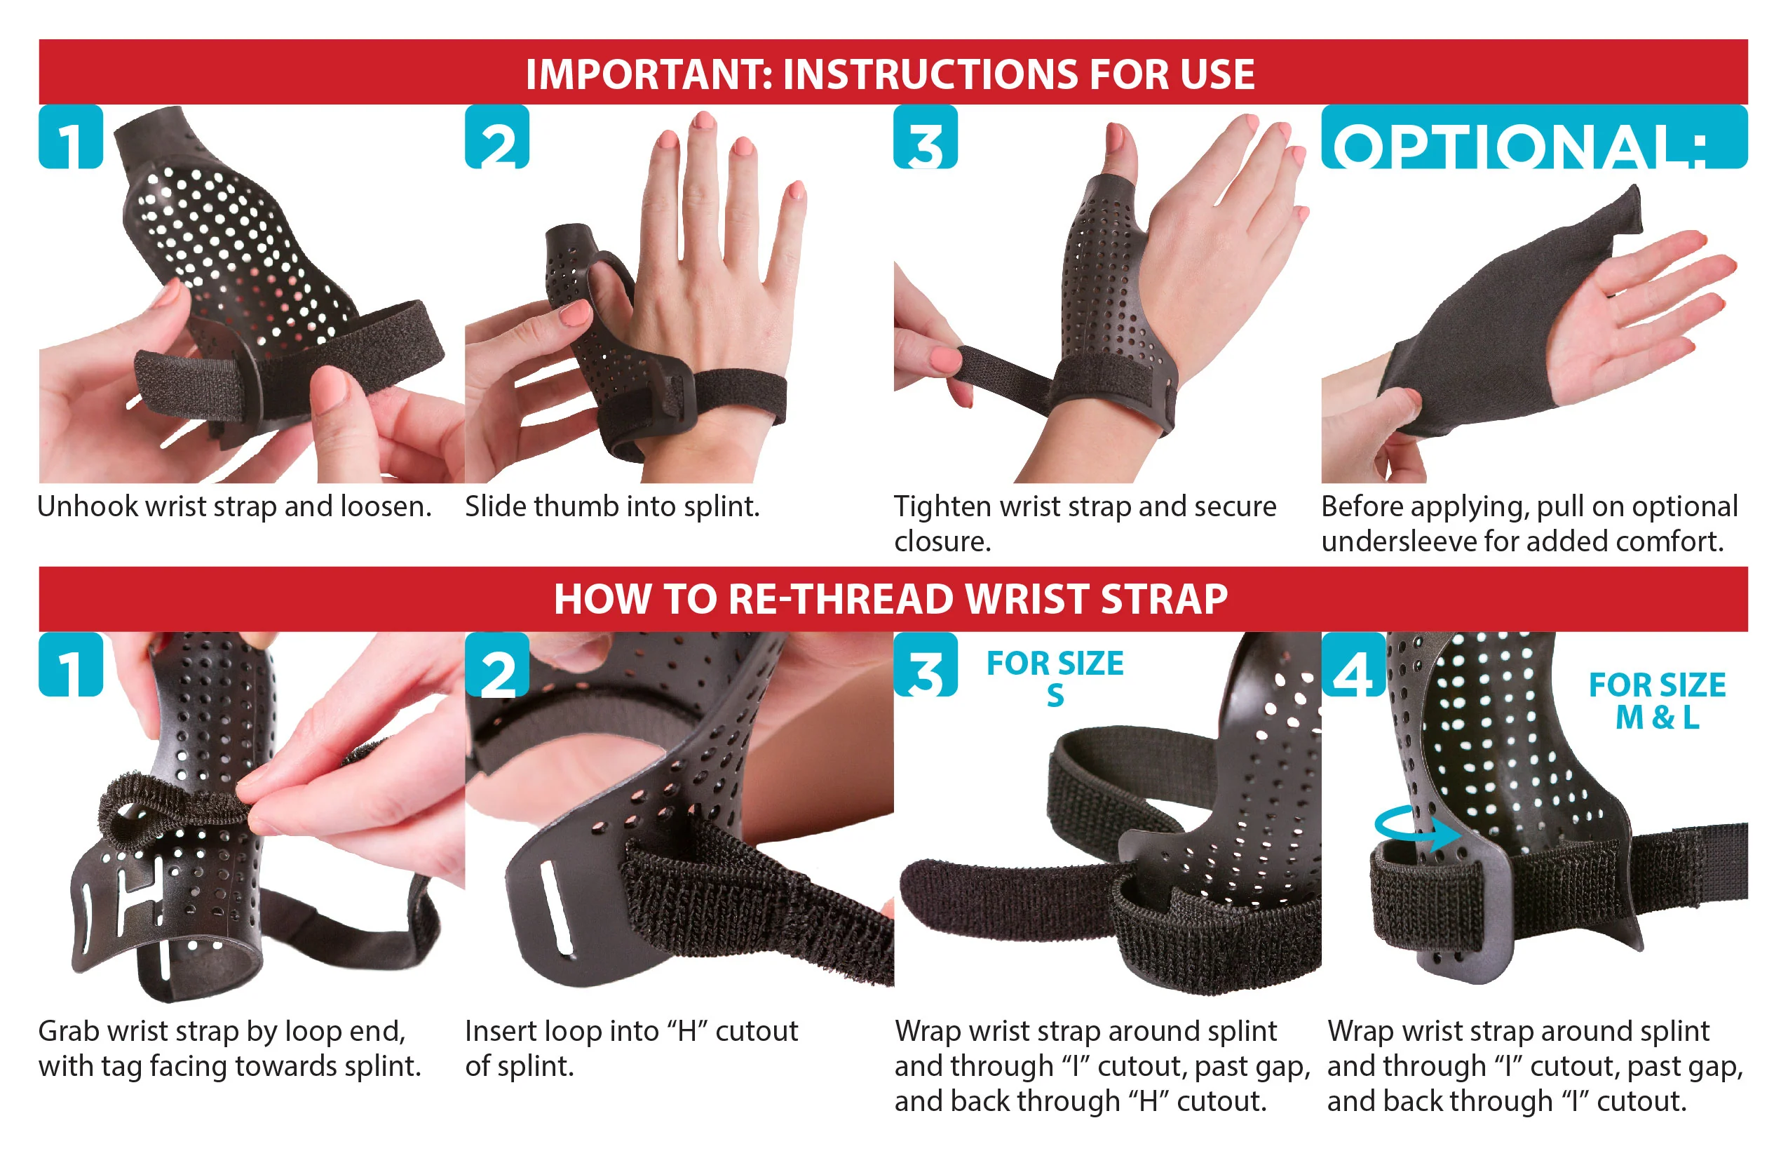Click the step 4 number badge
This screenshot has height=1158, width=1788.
[1353, 664]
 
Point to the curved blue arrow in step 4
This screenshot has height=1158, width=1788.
[1416, 830]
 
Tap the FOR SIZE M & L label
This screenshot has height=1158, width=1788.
[1656, 701]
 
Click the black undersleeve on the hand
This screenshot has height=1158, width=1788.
[1472, 338]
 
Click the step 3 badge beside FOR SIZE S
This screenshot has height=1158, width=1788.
[925, 664]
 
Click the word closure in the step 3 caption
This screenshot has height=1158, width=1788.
[940, 541]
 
